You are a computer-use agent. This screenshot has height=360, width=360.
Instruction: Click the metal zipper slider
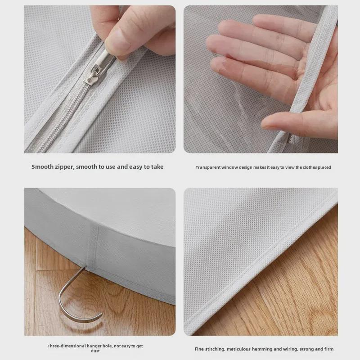[93, 74]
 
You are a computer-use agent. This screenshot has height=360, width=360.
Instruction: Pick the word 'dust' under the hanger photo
[95, 351]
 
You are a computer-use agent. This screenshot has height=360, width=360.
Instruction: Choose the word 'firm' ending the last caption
[329, 349]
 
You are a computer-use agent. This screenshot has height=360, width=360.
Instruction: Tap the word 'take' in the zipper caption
[157, 166]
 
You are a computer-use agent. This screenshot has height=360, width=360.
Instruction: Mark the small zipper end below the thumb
[290, 139]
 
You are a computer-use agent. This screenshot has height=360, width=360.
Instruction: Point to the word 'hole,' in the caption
[105, 346]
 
